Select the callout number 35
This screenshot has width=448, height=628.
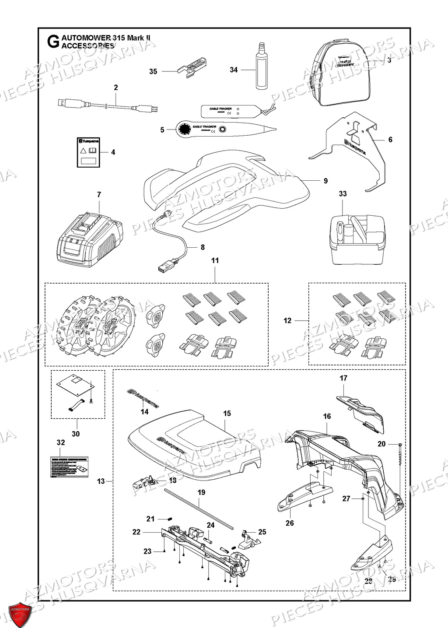click(x=153, y=71)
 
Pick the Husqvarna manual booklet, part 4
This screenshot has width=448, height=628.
click(x=88, y=152)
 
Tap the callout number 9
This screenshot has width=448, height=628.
click(x=325, y=181)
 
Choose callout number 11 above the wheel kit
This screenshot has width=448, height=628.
click(x=215, y=260)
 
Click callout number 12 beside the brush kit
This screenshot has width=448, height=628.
click(x=287, y=320)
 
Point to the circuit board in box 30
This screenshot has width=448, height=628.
click(x=74, y=385)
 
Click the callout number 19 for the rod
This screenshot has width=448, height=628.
click(x=201, y=492)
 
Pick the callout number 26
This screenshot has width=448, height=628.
click(x=290, y=523)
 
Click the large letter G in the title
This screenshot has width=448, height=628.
click(x=52, y=42)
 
